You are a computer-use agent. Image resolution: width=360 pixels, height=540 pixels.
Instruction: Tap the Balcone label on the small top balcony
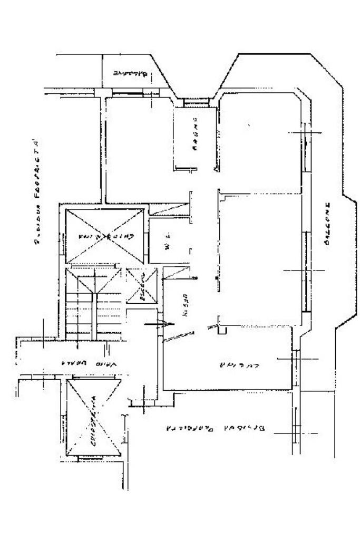pos(127,73)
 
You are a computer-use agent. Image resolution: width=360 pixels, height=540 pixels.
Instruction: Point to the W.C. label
pos(166,246)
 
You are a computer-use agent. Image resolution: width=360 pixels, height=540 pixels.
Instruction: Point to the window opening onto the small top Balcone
pos(129,94)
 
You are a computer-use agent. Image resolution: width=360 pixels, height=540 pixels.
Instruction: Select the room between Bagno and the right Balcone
pos(261,142)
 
